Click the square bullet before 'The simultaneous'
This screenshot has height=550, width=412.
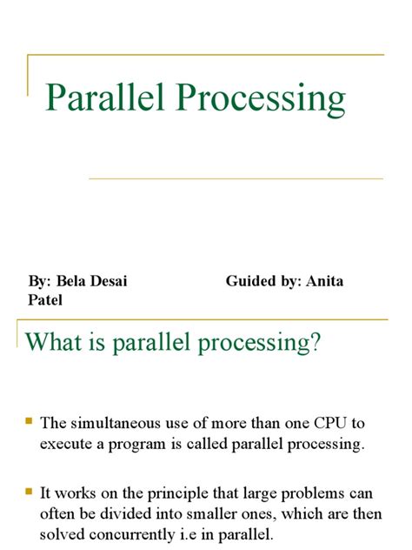point(29,421)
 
